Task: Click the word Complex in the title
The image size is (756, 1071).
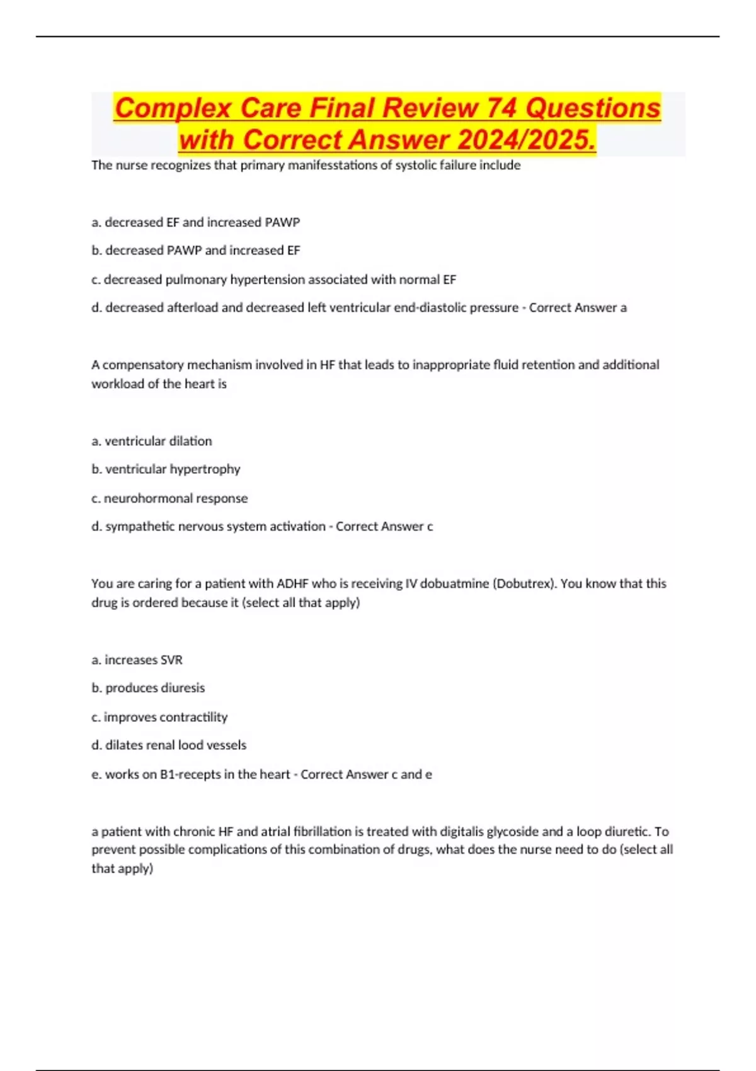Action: (173, 108)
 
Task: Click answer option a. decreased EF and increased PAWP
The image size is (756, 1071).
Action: (195, 222)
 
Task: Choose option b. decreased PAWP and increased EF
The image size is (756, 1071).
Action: (195, 251)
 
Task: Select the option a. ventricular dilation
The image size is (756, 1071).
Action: (151, 441)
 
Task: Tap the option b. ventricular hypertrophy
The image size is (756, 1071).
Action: (166, 469)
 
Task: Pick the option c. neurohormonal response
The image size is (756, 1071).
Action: (169, 498)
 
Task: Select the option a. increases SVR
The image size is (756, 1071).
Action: (137, 660)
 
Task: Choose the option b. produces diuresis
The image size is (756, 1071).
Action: (148, 688)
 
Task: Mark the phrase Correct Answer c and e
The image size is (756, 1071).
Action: (366, 774)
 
